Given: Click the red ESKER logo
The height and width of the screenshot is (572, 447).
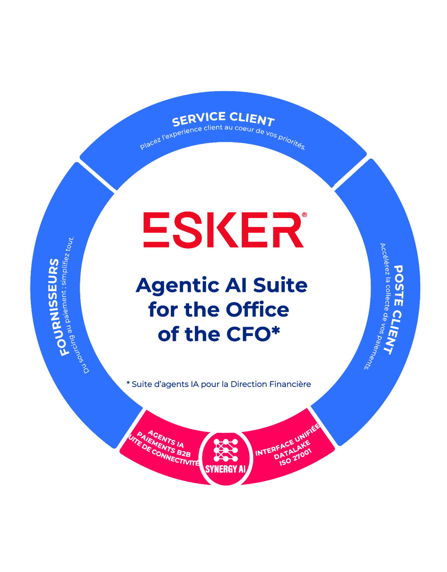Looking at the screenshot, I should tap(223, 230).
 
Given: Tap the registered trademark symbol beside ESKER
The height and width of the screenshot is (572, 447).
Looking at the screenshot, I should tap(304, 215).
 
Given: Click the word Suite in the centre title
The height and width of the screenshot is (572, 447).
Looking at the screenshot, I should tap(280, 285).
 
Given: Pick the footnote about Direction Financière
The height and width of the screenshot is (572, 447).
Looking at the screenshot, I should tap(219, 384).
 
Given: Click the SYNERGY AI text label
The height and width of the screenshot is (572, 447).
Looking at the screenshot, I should tap(225, 469).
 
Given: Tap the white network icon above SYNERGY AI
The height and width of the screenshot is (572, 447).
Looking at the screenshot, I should tap(226, 450).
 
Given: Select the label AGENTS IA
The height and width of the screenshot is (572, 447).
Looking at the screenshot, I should tap(166, 439).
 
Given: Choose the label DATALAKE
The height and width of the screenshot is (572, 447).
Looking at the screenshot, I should tap(292, 450).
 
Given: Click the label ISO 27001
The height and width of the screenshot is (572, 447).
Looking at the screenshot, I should tap(295, 457).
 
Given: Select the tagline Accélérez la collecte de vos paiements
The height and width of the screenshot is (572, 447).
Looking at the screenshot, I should tap(379, 306).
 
